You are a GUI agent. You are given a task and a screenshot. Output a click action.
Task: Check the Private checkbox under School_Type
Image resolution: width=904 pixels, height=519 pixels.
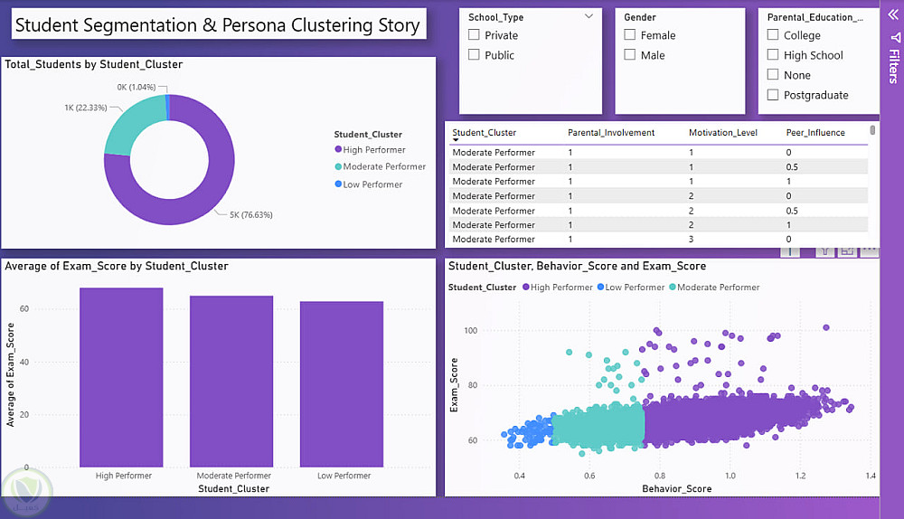pos(474,34)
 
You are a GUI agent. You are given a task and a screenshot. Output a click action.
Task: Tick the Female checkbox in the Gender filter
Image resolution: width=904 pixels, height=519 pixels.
pos(630,34)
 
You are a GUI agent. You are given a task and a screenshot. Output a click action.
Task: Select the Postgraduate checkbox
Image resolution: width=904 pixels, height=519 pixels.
pos(773,95)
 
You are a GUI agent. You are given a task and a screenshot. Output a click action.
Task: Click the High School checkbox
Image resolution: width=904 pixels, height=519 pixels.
pos(773,55)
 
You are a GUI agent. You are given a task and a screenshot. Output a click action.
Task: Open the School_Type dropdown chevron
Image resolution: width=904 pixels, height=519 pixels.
pos(589,16)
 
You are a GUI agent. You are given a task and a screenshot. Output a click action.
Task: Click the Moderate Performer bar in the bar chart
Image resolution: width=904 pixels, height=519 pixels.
pos(231,382)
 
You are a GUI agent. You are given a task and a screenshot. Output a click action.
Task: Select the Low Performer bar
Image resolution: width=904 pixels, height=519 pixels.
pos(342,384)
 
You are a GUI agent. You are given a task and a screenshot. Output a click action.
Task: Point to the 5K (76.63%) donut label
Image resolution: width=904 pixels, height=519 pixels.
pos(250,214)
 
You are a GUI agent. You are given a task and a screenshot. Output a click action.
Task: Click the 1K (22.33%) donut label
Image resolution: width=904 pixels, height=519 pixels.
pos(85,108)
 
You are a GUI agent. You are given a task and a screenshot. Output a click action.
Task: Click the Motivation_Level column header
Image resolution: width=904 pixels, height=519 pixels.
pos(723,133)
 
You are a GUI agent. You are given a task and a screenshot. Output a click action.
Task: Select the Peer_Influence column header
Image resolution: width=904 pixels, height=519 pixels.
pos(815,133)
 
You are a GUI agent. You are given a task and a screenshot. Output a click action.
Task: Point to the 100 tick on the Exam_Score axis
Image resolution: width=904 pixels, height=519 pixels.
pos(470,330)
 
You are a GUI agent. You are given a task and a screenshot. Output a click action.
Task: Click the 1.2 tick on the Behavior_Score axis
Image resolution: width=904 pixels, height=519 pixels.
pos(800,476)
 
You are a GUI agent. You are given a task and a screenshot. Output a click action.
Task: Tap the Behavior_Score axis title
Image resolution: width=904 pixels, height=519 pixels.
pos(677,488)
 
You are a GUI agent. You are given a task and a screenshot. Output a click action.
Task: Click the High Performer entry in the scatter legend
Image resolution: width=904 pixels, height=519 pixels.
pos(558,288)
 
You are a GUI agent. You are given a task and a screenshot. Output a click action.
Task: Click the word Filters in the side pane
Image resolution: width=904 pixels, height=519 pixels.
pos(894,66)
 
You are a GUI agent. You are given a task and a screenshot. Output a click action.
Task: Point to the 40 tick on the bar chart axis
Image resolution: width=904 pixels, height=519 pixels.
pos(24,363)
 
